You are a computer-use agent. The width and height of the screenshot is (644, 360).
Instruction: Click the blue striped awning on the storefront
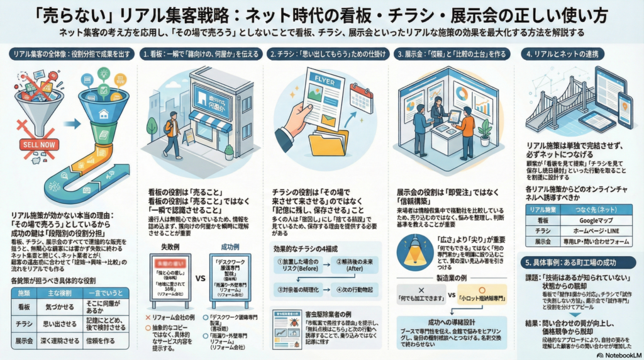210,119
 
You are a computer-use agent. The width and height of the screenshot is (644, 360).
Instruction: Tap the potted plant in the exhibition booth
484,130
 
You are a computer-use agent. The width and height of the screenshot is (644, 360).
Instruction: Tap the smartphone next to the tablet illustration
625,110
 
